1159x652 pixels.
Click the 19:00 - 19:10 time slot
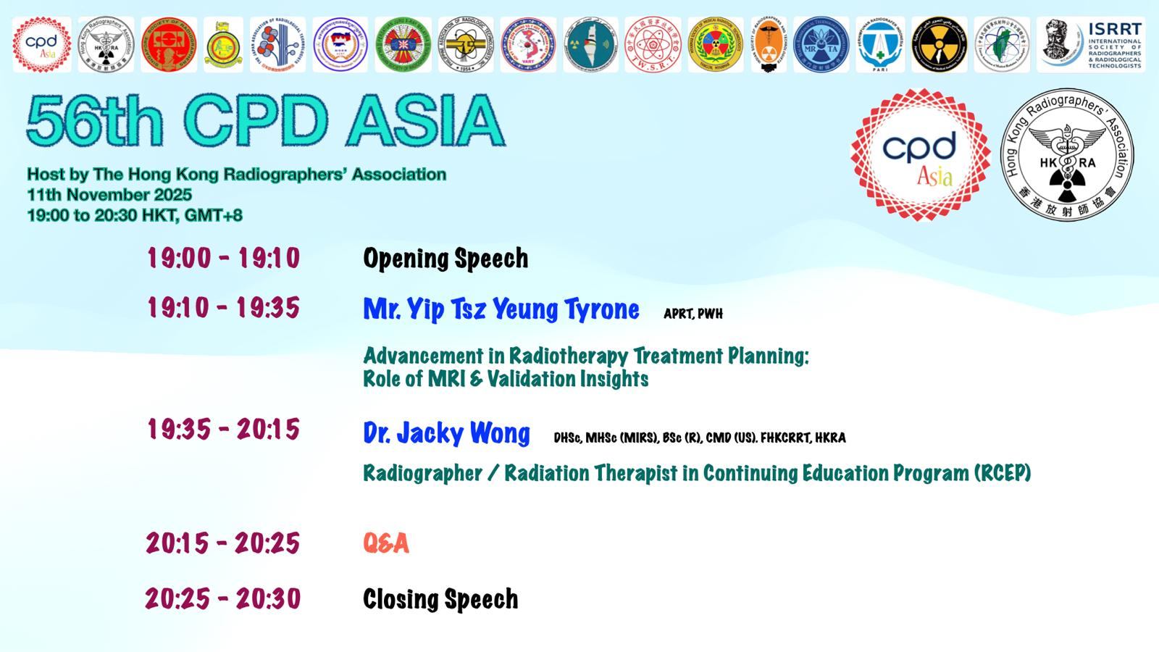tap(223, 258)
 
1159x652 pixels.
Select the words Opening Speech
tap(445, 259)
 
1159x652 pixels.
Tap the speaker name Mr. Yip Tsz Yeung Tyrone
tap(501, 309)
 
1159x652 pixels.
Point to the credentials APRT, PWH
tap(693, 314)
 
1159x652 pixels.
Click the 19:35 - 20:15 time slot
tap(223, 430)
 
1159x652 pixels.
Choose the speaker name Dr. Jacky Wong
tap(446, 433)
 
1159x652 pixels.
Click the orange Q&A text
tap(386, 543)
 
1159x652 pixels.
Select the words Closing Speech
tap(440, 599)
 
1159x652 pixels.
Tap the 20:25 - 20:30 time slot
tap(222, 599)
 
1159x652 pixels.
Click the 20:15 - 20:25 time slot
tap(222, 543)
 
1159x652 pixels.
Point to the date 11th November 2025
tap(109, 195)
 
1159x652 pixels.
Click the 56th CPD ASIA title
tap(265, 121)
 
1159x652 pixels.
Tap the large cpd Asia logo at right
tap(920, 155)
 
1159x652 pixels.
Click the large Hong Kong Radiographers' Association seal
tap(1066, 155)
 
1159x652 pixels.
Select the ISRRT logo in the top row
tap(1091, 45)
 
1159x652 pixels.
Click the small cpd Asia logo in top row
tap(41, 45)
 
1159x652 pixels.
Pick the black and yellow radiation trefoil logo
tap(939, 45)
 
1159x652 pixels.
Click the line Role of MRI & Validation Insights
tap(506, 379)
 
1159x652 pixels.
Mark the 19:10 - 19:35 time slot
tap(223, 308)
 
